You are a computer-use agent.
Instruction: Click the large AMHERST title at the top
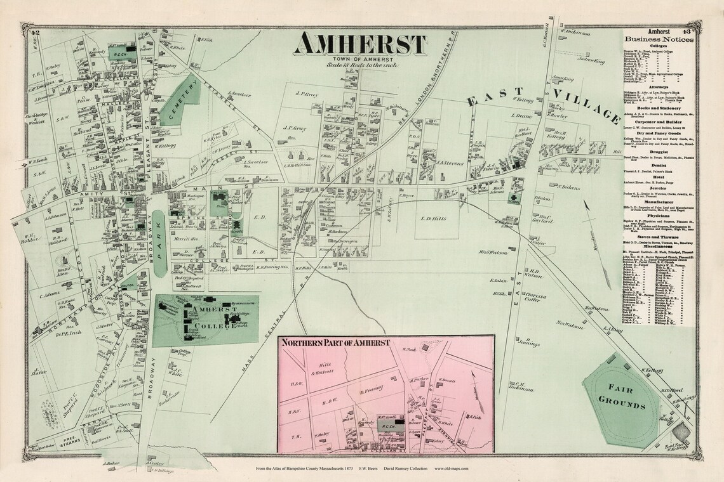click(360, 44)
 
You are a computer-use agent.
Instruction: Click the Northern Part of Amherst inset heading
click(337, 343)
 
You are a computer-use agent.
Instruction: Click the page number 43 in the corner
click(689, 32)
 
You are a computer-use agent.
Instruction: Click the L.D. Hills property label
click(434, 218)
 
